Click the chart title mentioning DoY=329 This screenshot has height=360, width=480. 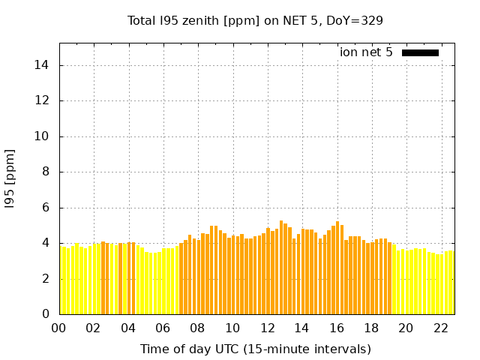pos(255,20)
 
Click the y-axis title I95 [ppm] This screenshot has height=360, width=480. pos(10,178)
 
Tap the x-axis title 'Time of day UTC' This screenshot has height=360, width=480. pos(255,349)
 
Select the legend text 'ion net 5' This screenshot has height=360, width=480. pos(366,52)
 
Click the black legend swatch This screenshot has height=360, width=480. pos(420,52)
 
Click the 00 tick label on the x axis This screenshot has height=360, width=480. pos(59,328)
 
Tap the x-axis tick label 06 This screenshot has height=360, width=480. pos(163,328)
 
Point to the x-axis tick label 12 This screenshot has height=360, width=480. pos(267,328)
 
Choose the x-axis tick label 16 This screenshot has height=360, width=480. pos(336,328)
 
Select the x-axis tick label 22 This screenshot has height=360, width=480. pos(440,328)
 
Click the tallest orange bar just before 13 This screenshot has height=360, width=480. pos(281,267)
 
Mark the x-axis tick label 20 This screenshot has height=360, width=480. pos(406,328)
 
